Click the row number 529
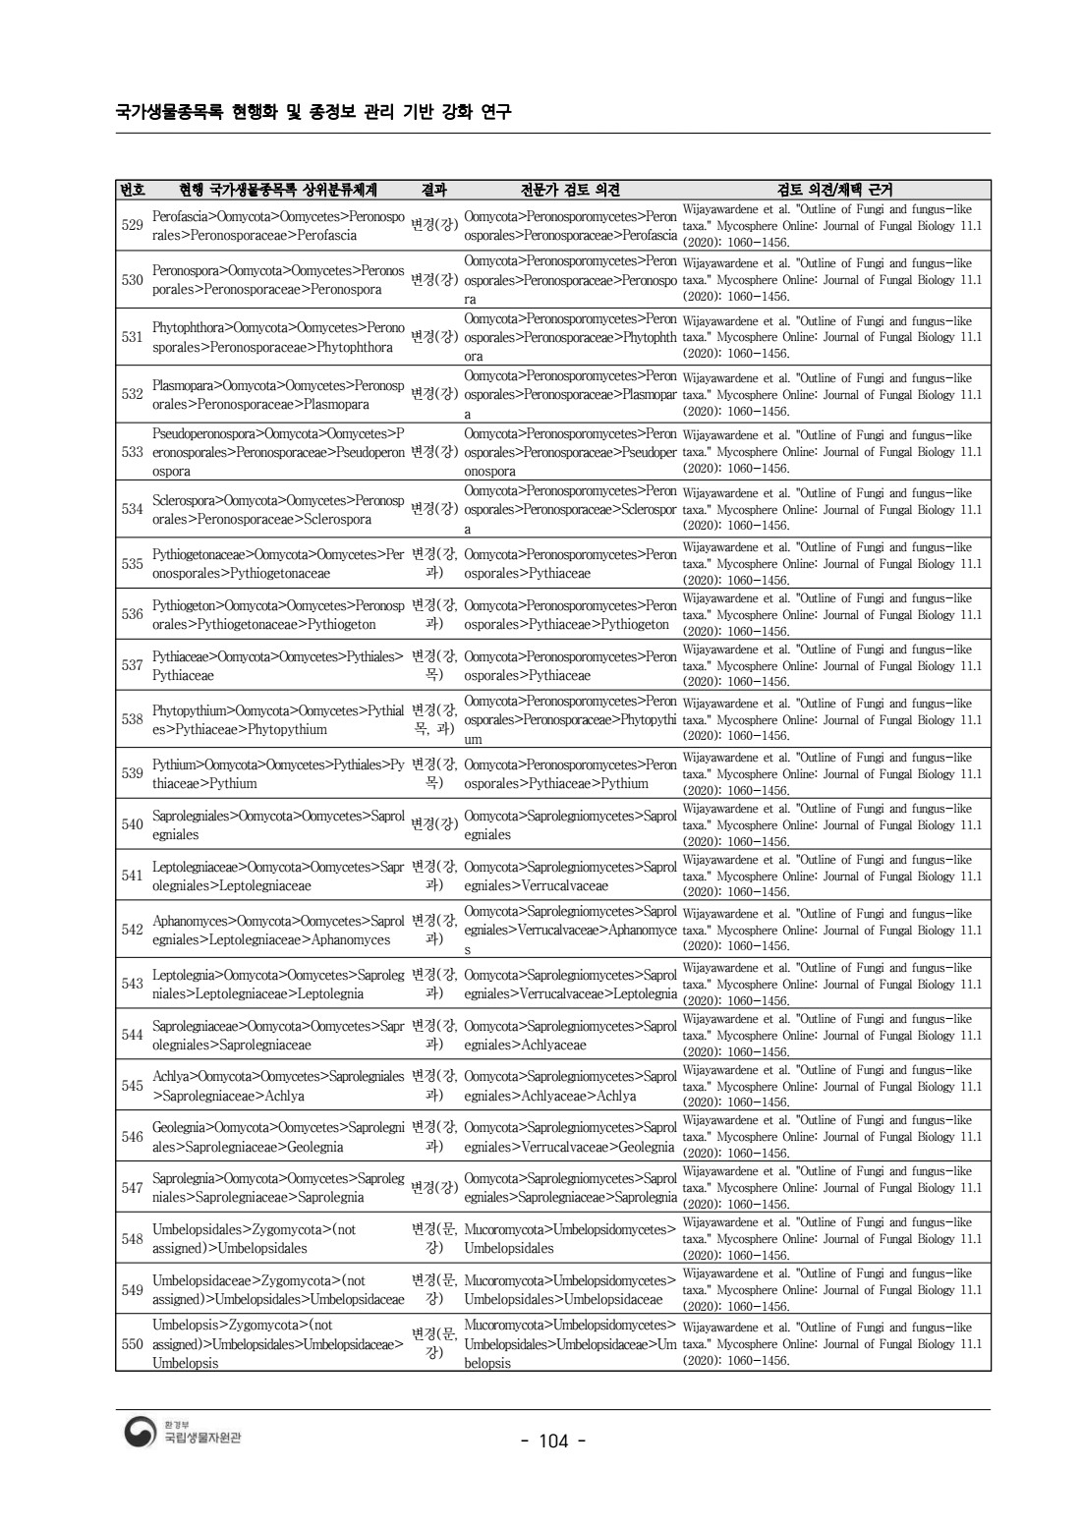pyautogui.click(x=132, y=225)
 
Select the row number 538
pyautogui.click(x=132, y=719)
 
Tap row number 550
pyautogui.click(x=132, y=1343)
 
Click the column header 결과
pyautogui.click(x=433, y=190)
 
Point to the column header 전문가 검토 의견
pyautogui.click(x=570, y=190)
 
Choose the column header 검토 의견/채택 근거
pyautogui.click(x=834, y=190)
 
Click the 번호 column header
pyautogui.click(x=132, y=190)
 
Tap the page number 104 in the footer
pyautogui.click(x=553, y=1441)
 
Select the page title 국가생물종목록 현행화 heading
pyautogui.click(x=313, y=111)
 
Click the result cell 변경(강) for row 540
pyautogui.click(x=433, y=824)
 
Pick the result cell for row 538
pyautogui.click(x=433, y=719)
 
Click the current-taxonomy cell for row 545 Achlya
pyautogui.click(x=278, y=1086)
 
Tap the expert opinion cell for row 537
pyautogui.click(x=570, y=665)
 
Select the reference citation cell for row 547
pyautogui.click(x=832, y=1187)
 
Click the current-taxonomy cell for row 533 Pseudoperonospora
pyautogui.click(x=278, y=452)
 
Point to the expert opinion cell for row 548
pyautogui.click(x=570, y=1238)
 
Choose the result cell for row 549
pyautogui.click(x=433, y=1289)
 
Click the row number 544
pyautogui.click(x=132, y=1035)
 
